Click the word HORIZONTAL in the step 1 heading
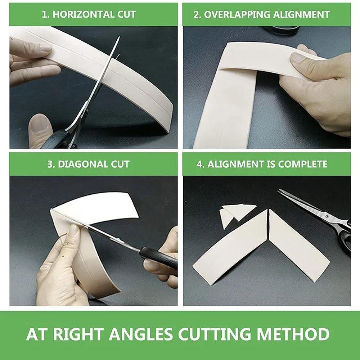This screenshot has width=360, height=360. pyautogui.click(x=77, y=14)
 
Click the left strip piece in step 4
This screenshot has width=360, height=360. pyautogui.click(x=230, y=245)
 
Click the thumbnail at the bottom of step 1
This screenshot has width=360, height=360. pyautogui.click(x=40, y=124)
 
